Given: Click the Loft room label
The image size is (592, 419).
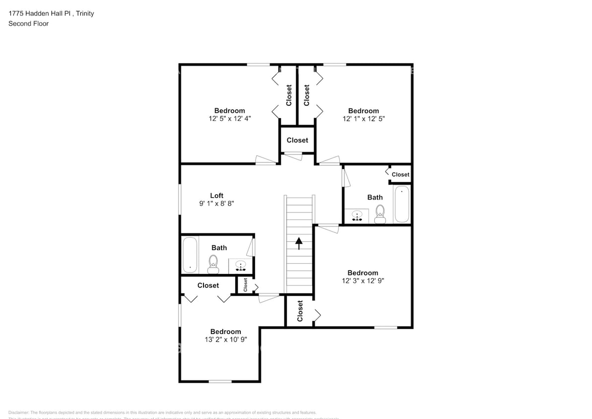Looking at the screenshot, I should (x=216, y=196).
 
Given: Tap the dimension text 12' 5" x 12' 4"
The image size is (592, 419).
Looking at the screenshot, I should (x=230, y=119).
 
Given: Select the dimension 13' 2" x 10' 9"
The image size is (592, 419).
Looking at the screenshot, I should (x=225, y=340).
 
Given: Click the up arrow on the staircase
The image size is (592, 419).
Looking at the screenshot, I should (x=299, y=243).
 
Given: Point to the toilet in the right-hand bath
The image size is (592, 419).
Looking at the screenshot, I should (x=380, y=214).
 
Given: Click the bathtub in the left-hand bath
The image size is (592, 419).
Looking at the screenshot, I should (x=190, y=255).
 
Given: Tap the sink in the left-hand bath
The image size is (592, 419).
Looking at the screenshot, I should (x=241, y=266).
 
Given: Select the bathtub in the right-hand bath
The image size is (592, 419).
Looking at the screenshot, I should (x=401, y=204).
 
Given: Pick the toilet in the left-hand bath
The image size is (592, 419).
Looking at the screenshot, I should (x=214, y=264).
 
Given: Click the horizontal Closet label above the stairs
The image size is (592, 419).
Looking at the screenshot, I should (x=297, y=140).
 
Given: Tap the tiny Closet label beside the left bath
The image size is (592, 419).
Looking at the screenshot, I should (x=245, y=284).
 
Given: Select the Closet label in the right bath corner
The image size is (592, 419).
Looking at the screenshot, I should (x=400, y=175).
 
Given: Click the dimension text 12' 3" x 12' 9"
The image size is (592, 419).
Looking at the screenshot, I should (x=363, y=281).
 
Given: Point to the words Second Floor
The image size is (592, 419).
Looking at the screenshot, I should (x=28, y=23).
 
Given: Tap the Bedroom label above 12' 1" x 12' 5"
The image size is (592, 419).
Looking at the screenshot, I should (x=363, y=111).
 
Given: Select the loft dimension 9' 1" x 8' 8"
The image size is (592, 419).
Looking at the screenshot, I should (x=216, y=204).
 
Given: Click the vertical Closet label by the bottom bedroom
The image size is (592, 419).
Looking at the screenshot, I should (x=300, y=311).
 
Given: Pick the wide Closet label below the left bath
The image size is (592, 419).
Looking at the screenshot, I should (x=208, y=285).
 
